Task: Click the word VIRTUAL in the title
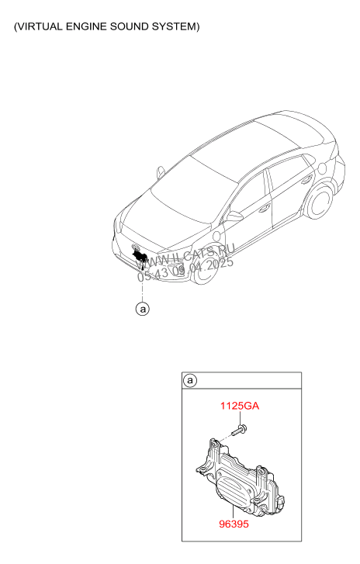pyautogui.click(x=40, y=26)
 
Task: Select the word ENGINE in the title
pyautogui.click(x=86, y=26)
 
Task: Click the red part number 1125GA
pyautogui.click(x=240, y=406)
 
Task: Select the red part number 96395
pyautogui.click(x=234, y=524)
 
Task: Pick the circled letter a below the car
pyautogui.click(x=143, y=309)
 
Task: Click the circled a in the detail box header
pyautogui.click(x=190, y=381)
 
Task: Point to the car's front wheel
pyautogui.click(x=206, y=268)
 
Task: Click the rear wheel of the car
pyautogui.click(x=320, y=202)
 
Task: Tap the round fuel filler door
pyautogui.click(x=322, y=168)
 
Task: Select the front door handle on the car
pyautogui.click(x=265, y=208)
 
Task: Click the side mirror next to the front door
pyautogui.click(x=234, y=216)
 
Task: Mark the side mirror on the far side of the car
pyautogui.click(x=161, y=172)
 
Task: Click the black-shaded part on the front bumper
pyautogui.click(x=140, y=256)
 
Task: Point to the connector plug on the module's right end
pyautogui.click(x=283, y=500)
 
